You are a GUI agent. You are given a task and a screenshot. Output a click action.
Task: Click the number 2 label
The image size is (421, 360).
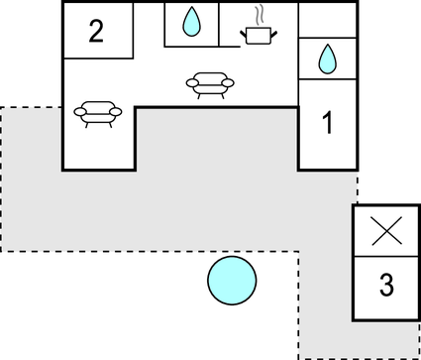(96, 31)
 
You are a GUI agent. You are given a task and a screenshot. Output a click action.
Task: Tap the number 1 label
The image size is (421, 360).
(327, 124)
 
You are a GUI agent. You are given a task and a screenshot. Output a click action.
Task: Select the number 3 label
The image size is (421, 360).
(386, 286)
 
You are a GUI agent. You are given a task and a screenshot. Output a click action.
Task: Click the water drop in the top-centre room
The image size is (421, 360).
(192, 21)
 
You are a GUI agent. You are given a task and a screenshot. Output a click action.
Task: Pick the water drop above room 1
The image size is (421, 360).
(327, 60)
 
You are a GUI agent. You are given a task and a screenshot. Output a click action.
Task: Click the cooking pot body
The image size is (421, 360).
(259, 37)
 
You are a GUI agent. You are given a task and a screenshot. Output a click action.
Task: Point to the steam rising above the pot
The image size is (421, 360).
(260, 16)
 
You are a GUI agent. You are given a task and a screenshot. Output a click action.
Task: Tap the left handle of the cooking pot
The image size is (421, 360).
(244, 33)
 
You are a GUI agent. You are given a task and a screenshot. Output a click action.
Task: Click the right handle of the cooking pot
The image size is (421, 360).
(273, 33)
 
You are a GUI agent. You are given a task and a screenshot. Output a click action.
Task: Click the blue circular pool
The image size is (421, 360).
(232, 281)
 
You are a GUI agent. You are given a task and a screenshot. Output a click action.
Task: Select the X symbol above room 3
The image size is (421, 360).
(385, 232)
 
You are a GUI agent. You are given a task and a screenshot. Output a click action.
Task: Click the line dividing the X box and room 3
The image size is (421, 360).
(385, 258)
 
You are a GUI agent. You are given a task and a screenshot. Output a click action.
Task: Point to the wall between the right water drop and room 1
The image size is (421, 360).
(327, 80)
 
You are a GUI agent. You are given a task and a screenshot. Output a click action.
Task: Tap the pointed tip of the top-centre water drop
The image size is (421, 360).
(192, 9)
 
